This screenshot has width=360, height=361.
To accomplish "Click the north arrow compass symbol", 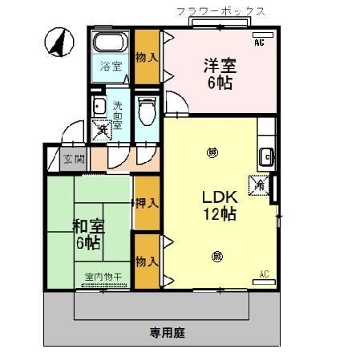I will click(57, 43).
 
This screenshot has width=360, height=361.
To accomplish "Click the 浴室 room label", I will click(111, 67).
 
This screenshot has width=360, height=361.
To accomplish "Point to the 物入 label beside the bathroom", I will click(145, 58).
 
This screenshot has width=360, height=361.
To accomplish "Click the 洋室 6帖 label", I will click(217, 74).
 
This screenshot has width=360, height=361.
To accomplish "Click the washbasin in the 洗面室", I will click(99, 107).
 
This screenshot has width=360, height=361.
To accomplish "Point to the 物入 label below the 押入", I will click(145, 262).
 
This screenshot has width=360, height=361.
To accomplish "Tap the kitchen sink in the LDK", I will click(266, 157).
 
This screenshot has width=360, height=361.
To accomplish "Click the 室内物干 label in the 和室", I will click(103, 277).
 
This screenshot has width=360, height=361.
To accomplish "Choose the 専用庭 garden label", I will click(165, 331).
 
